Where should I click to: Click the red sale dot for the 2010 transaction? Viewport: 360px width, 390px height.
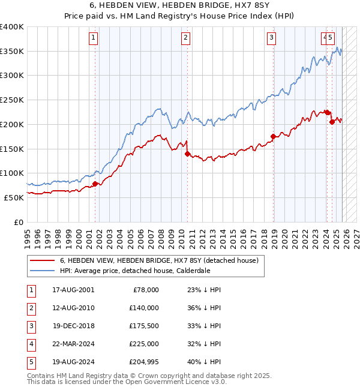point(187,154)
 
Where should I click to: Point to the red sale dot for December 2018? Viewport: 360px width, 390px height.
point(273,136)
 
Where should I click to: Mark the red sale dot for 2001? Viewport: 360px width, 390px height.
point(95,184)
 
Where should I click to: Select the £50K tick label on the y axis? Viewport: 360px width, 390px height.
point(14,197)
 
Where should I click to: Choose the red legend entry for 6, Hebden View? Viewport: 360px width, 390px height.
point(158,260)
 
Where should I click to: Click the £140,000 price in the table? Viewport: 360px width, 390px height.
point(143,308)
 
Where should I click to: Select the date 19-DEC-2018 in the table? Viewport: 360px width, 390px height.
point(73,326)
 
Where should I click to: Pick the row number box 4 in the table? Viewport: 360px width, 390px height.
point(30,344)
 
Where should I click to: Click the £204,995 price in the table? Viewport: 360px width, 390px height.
point(143,362)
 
